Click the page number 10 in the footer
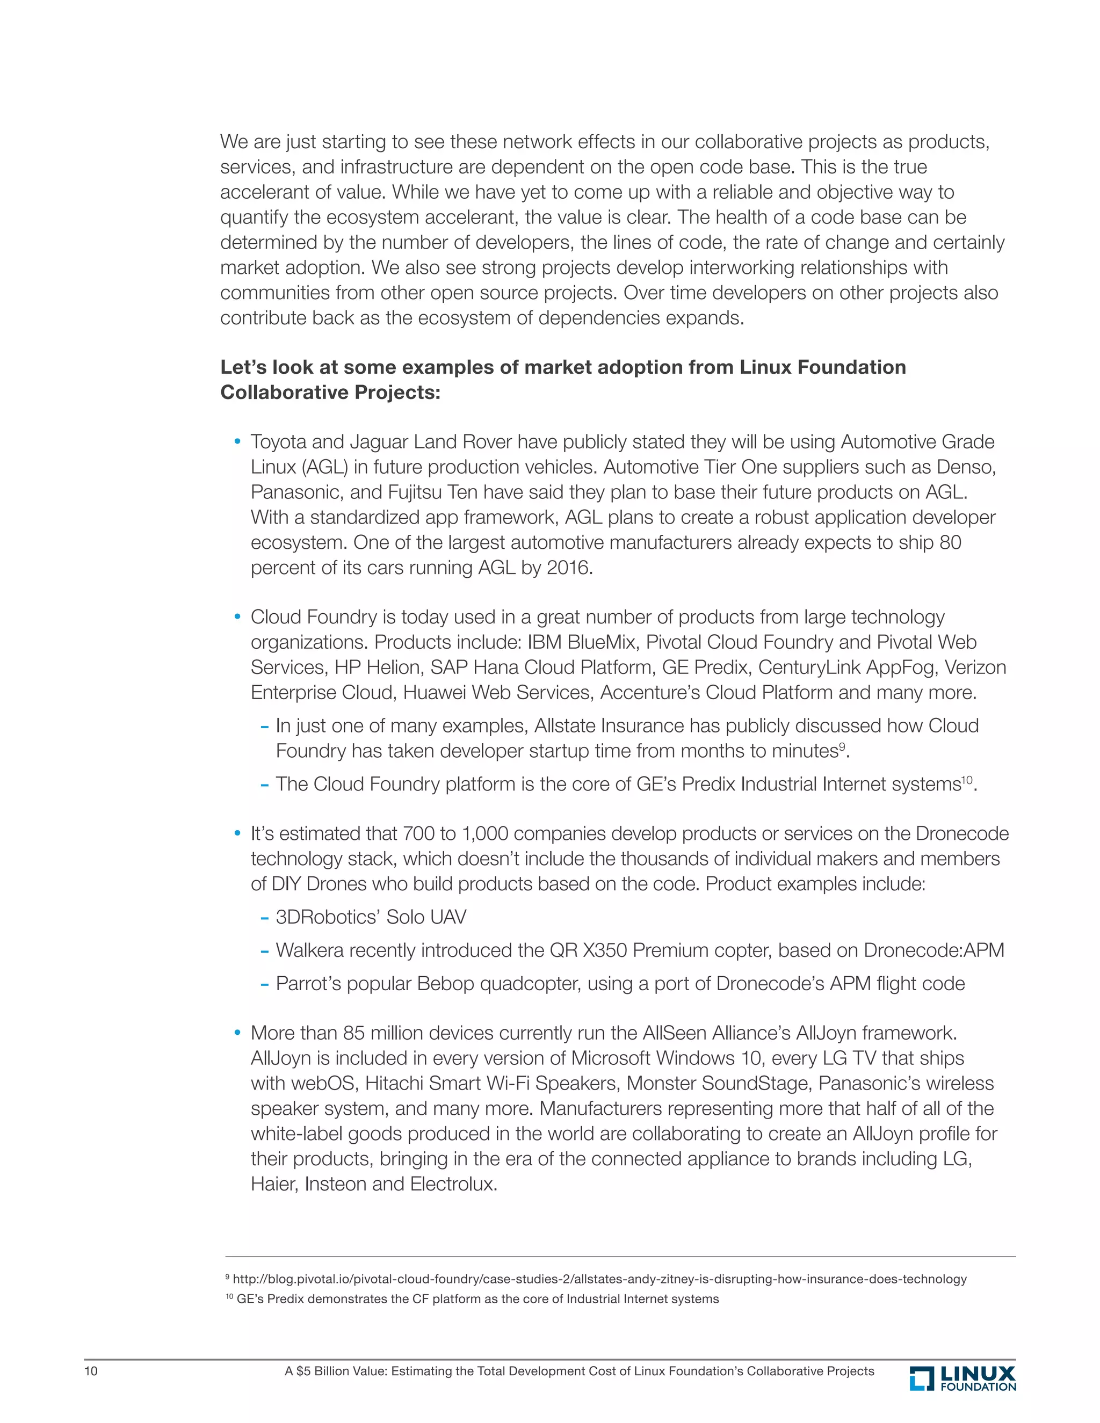[91, 1371]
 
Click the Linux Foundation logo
[962, 1378]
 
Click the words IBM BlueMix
[581, 642]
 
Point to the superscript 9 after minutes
[841, 746]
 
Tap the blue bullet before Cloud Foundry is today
[237, 616]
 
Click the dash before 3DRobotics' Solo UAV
[265, 918]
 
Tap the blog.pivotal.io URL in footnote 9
[599, 1279]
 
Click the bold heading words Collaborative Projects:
[330, 392]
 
